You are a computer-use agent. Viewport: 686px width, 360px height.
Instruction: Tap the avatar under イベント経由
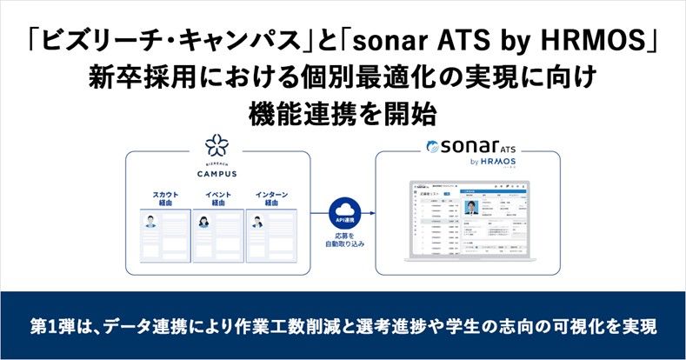click(205, 221)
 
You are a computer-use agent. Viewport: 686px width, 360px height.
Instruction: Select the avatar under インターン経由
click(257, 221)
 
